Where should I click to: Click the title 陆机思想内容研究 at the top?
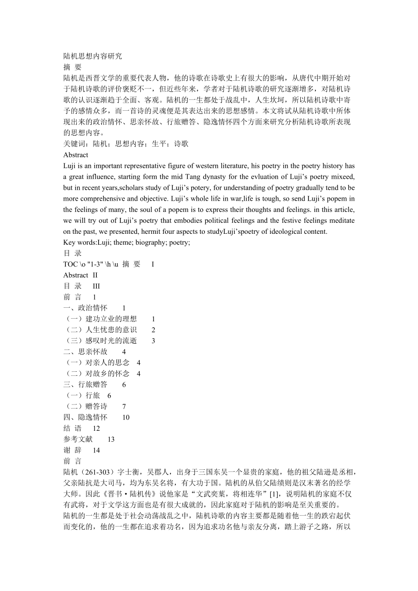[x=93, y=56]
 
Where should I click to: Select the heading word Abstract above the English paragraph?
[x=76, y=155]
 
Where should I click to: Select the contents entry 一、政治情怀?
[x=85, y=308]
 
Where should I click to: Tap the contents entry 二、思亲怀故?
[x=85, y=352]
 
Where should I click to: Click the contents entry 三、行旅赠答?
[x=85, y=384]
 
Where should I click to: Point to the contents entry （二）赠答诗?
[x=85, y=406]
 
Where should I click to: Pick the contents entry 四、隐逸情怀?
[x=85, y=417]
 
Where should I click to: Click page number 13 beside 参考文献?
[x=111, y=439]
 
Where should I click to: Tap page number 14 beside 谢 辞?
[x=96, y=450]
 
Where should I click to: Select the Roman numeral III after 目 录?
[x=96, y=286]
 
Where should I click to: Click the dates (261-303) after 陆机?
[x=95, y=473]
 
